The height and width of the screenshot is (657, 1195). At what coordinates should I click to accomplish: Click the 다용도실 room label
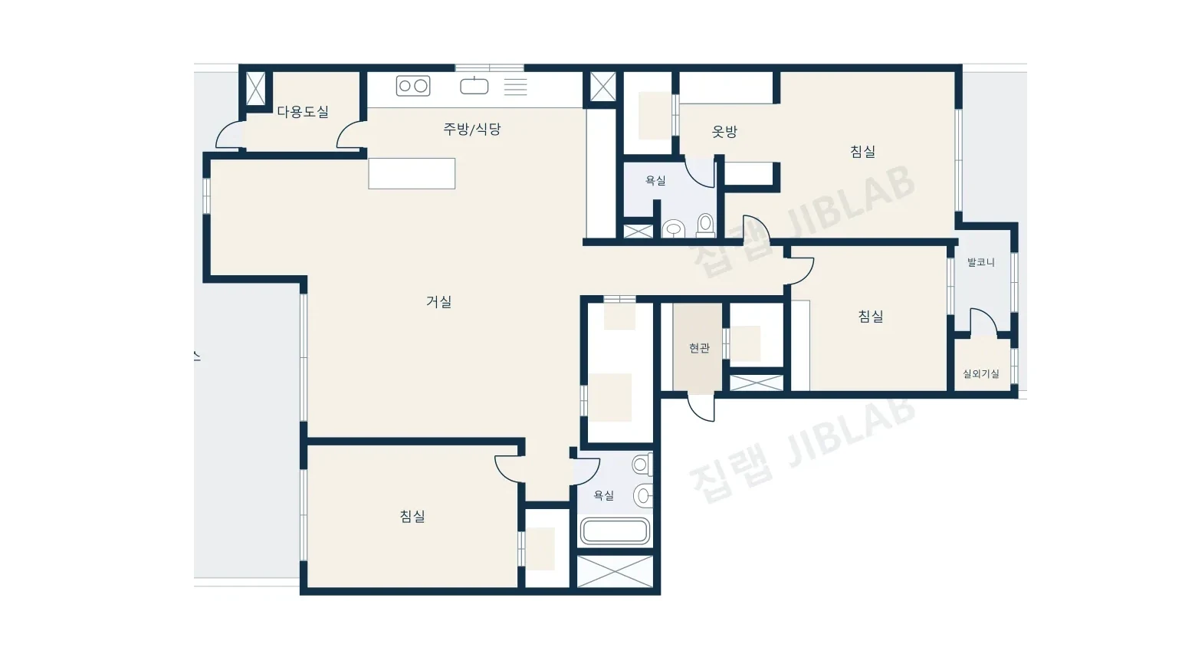tap(303, 112)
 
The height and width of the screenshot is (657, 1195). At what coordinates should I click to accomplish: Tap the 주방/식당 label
tap(472, 129)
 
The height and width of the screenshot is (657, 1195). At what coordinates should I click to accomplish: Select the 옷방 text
tap(724, 131)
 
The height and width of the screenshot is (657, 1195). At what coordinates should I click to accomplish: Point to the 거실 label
tap(439, 301)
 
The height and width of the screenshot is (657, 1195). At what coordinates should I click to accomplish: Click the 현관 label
tap(699, 348)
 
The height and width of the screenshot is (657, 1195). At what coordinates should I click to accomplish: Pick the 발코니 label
tap(981, 262)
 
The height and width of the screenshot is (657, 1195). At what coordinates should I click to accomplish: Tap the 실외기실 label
tap(981, 373)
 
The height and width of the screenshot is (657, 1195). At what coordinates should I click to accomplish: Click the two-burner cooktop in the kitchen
tap(413, 86)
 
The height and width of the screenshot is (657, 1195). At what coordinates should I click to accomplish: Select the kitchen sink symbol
tap(474, 85)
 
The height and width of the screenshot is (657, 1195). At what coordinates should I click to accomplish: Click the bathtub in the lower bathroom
tap(615, 531)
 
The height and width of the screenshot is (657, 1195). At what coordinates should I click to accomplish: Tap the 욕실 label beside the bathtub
tap(604, 496)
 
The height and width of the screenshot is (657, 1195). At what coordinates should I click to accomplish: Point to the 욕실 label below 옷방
tap(655, 181)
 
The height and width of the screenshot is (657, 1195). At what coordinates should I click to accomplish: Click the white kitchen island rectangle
tap(412, 173)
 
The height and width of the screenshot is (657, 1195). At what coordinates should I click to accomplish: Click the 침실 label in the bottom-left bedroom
tap(412, 516)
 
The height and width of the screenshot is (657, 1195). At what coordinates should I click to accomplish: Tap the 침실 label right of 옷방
tap(862, 152)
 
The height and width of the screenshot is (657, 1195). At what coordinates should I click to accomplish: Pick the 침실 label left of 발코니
tap(871, 317)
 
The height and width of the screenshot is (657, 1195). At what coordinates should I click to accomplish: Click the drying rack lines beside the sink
tap(515, 87)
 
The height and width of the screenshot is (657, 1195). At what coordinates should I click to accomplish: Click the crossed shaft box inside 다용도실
tap(255, 88)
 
